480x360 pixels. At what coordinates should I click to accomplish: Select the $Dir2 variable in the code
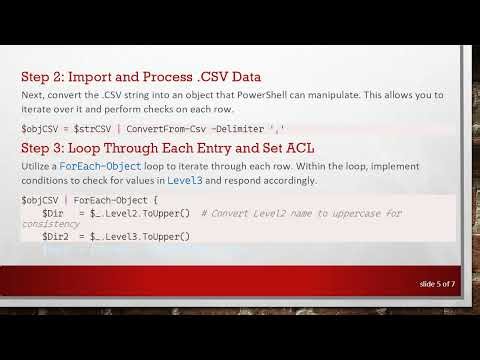55,236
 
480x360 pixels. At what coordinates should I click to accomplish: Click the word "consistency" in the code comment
50,224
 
